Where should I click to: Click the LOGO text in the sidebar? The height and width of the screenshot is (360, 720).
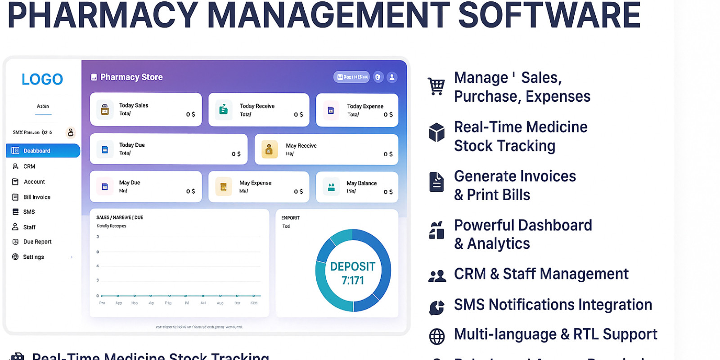coord(42,79)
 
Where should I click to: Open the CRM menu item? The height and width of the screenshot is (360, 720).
coord(29,166)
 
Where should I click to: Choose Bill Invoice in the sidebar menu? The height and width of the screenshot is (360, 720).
coord(36,197)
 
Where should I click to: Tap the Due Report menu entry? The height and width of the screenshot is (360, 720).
coord(37,242)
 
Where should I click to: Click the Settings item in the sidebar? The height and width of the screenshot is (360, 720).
coord(33,257)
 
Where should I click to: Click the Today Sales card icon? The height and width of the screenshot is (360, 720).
coord(105,109)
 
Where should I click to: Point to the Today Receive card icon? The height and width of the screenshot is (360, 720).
coord(224,109)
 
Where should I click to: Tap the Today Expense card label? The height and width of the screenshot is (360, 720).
coord(365,106)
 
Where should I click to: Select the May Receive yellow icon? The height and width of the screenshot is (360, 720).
coord(269,149)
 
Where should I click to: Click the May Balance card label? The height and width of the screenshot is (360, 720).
coord(361,183)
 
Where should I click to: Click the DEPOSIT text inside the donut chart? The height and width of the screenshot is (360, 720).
coord(352,267)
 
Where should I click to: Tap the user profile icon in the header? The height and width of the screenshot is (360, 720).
coord(392,77)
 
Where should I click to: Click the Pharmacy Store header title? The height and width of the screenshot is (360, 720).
coord(131,77)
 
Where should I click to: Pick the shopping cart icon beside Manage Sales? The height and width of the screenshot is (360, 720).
coord(436,86)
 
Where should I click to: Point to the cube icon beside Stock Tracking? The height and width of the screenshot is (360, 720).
coord(436,132)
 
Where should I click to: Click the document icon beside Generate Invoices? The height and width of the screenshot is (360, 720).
coord(436,182)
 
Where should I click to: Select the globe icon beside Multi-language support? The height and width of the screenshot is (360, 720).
coord(436,336)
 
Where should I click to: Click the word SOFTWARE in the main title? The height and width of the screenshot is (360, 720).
coord(549,15)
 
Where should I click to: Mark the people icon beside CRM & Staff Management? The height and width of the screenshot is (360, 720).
coord(437,275)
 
